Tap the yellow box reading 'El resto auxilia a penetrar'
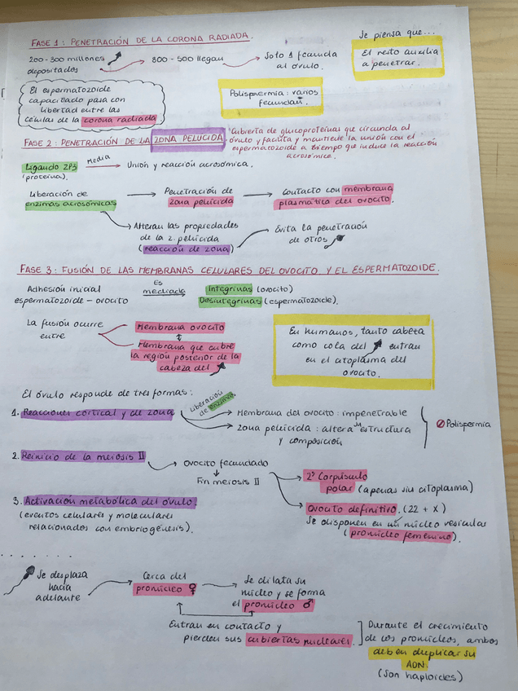pyautogui.click(x=399, y=58)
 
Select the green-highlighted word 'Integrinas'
pyautogui.click(x=228, y=288)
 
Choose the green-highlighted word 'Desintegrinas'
pyautogui.click(x=230, y=301)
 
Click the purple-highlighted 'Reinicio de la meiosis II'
pyautogui.click(x=82, y=456)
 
